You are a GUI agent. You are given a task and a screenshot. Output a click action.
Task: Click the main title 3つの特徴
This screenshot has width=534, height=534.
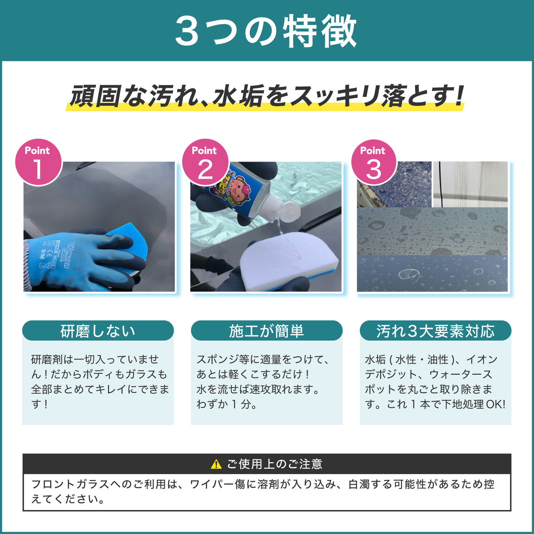266,31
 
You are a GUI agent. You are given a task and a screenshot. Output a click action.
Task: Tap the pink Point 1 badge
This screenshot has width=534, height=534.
38,162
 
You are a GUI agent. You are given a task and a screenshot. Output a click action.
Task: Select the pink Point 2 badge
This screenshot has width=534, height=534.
205,162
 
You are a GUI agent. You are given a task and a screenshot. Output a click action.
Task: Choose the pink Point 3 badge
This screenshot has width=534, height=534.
374,162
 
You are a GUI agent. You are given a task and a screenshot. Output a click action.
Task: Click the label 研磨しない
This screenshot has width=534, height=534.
98,331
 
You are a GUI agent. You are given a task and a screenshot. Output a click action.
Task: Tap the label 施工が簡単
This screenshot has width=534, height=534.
266,331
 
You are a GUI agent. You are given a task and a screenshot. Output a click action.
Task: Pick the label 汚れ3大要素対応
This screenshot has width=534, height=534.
435,331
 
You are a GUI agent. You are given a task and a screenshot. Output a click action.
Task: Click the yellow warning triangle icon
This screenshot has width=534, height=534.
216,464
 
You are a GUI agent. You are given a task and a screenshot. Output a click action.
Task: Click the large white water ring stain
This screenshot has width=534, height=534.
409,274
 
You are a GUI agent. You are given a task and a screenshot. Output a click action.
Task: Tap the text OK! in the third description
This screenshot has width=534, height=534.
496,404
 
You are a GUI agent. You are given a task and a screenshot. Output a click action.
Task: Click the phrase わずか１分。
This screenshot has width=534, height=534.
227,404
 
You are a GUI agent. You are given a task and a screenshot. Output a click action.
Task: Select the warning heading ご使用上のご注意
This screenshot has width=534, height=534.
275,464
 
